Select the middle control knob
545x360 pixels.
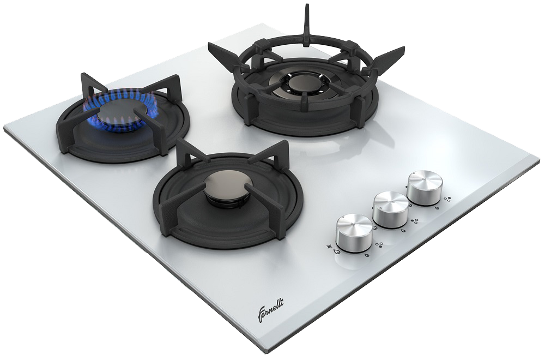[391, 209]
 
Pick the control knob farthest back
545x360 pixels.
[425, 188]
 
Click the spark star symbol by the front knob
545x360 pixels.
[329, 247]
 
